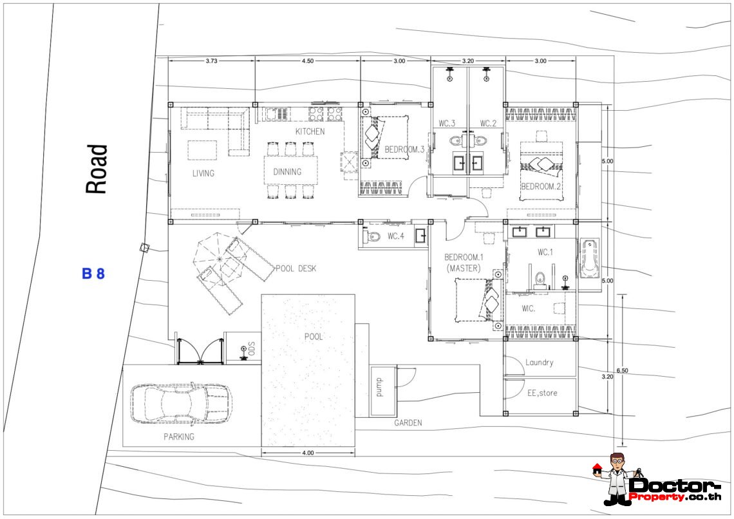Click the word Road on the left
point(97,169)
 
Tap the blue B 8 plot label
point(93,274)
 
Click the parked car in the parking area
point(181,404)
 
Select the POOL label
point(313,337)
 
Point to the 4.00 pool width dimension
point(308,453)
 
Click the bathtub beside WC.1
point(590,258)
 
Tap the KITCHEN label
point(310,131)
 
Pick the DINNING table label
point(287,172)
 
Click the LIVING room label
point(203,173)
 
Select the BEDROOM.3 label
point(404,149)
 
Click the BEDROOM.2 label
point(541,186)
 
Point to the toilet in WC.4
point(373,236)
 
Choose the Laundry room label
point(540,363)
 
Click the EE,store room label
point(543,393)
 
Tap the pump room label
point(379,388)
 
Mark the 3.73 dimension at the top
point(211,61)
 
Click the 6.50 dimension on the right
point(622,370)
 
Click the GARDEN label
point(408,422)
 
